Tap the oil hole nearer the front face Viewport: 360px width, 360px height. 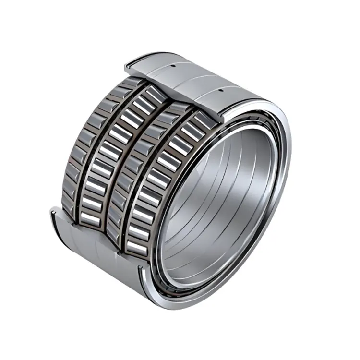point(221,90)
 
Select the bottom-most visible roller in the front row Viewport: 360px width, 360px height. point(137,248)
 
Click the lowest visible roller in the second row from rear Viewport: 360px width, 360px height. point(89,218)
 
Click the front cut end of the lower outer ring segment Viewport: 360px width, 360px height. point(144,283)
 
